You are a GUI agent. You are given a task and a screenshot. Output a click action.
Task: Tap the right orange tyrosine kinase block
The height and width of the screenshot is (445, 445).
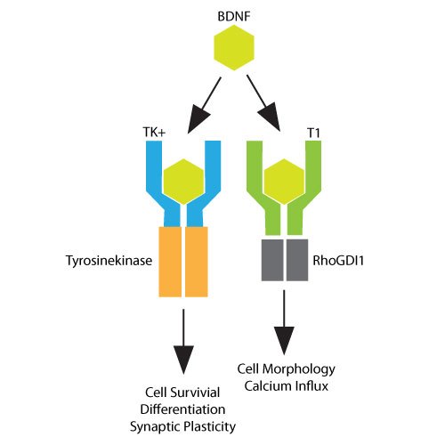point(196,261)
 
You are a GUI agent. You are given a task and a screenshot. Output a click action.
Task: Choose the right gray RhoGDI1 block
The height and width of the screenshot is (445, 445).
point(296,259)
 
